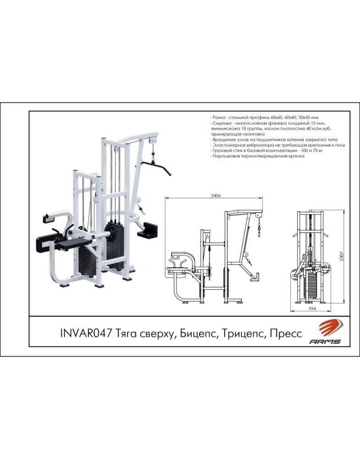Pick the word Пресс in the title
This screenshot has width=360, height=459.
pos(286,334)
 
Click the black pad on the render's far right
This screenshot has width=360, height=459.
pos(148,229)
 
